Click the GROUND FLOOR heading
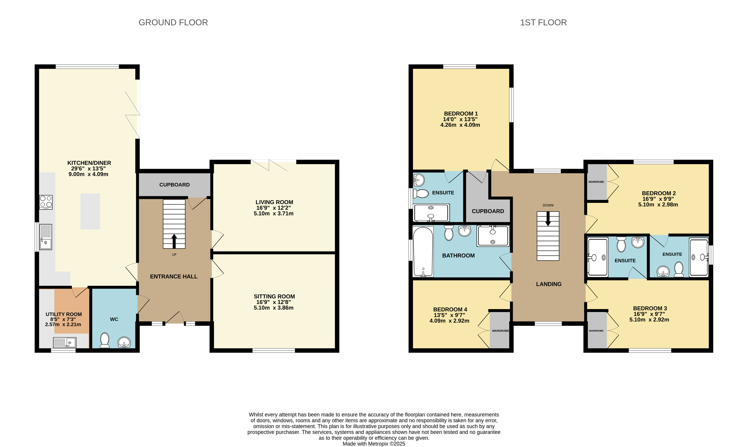pyautogui.click(x=173, y=23)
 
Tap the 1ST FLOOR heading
pyautogui.click(x=543, y=23)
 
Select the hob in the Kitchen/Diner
pyautogui.click(x=46, y=202)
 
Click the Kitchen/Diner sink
pyautogui.click(x=46, y=237)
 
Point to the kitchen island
pyautogui.click(x=90, y=211)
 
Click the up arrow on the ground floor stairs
pyautogui.click(x=174, y=241)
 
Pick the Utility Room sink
pyautogui.click(x=65, y=342)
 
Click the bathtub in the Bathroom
pyautogui.click(x=423, y=252)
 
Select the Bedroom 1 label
pyautogui.click(x=461, y=113)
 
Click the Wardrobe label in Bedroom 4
pyautogui.click(x=500, y=331)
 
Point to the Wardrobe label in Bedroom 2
pyautogui.click(x=596, y=182)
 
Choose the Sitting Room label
pyautogui.click(x=274, y=296)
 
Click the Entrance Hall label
pyautogui.click(x=174, y=277)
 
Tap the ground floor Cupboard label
pyautogui.click(x=174, y=185)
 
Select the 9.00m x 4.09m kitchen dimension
pyautogui.click(x=89, y=174)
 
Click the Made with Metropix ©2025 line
pyautogui.click(x=374, y=444)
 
